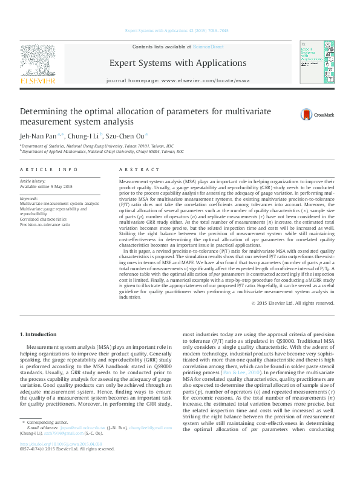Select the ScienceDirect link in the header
pos(208,47)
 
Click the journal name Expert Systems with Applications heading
pos(178,63)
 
